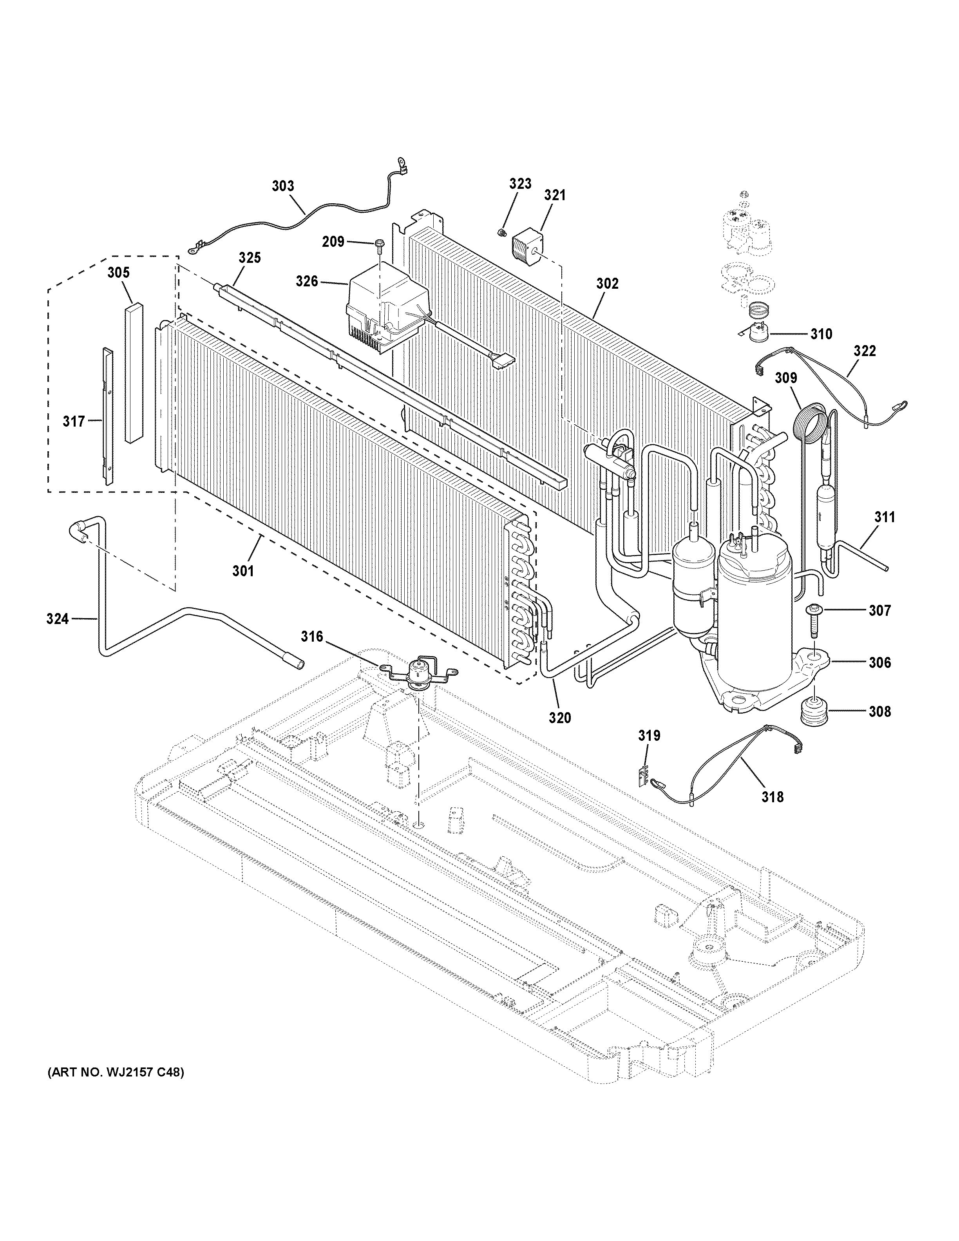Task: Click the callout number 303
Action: pos(283,186)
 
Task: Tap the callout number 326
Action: pos(306,281)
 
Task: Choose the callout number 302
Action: pos(607,284)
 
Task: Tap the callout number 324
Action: pos(57,619)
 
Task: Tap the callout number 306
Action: pos(879,662)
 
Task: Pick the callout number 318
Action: pos(772,797)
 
